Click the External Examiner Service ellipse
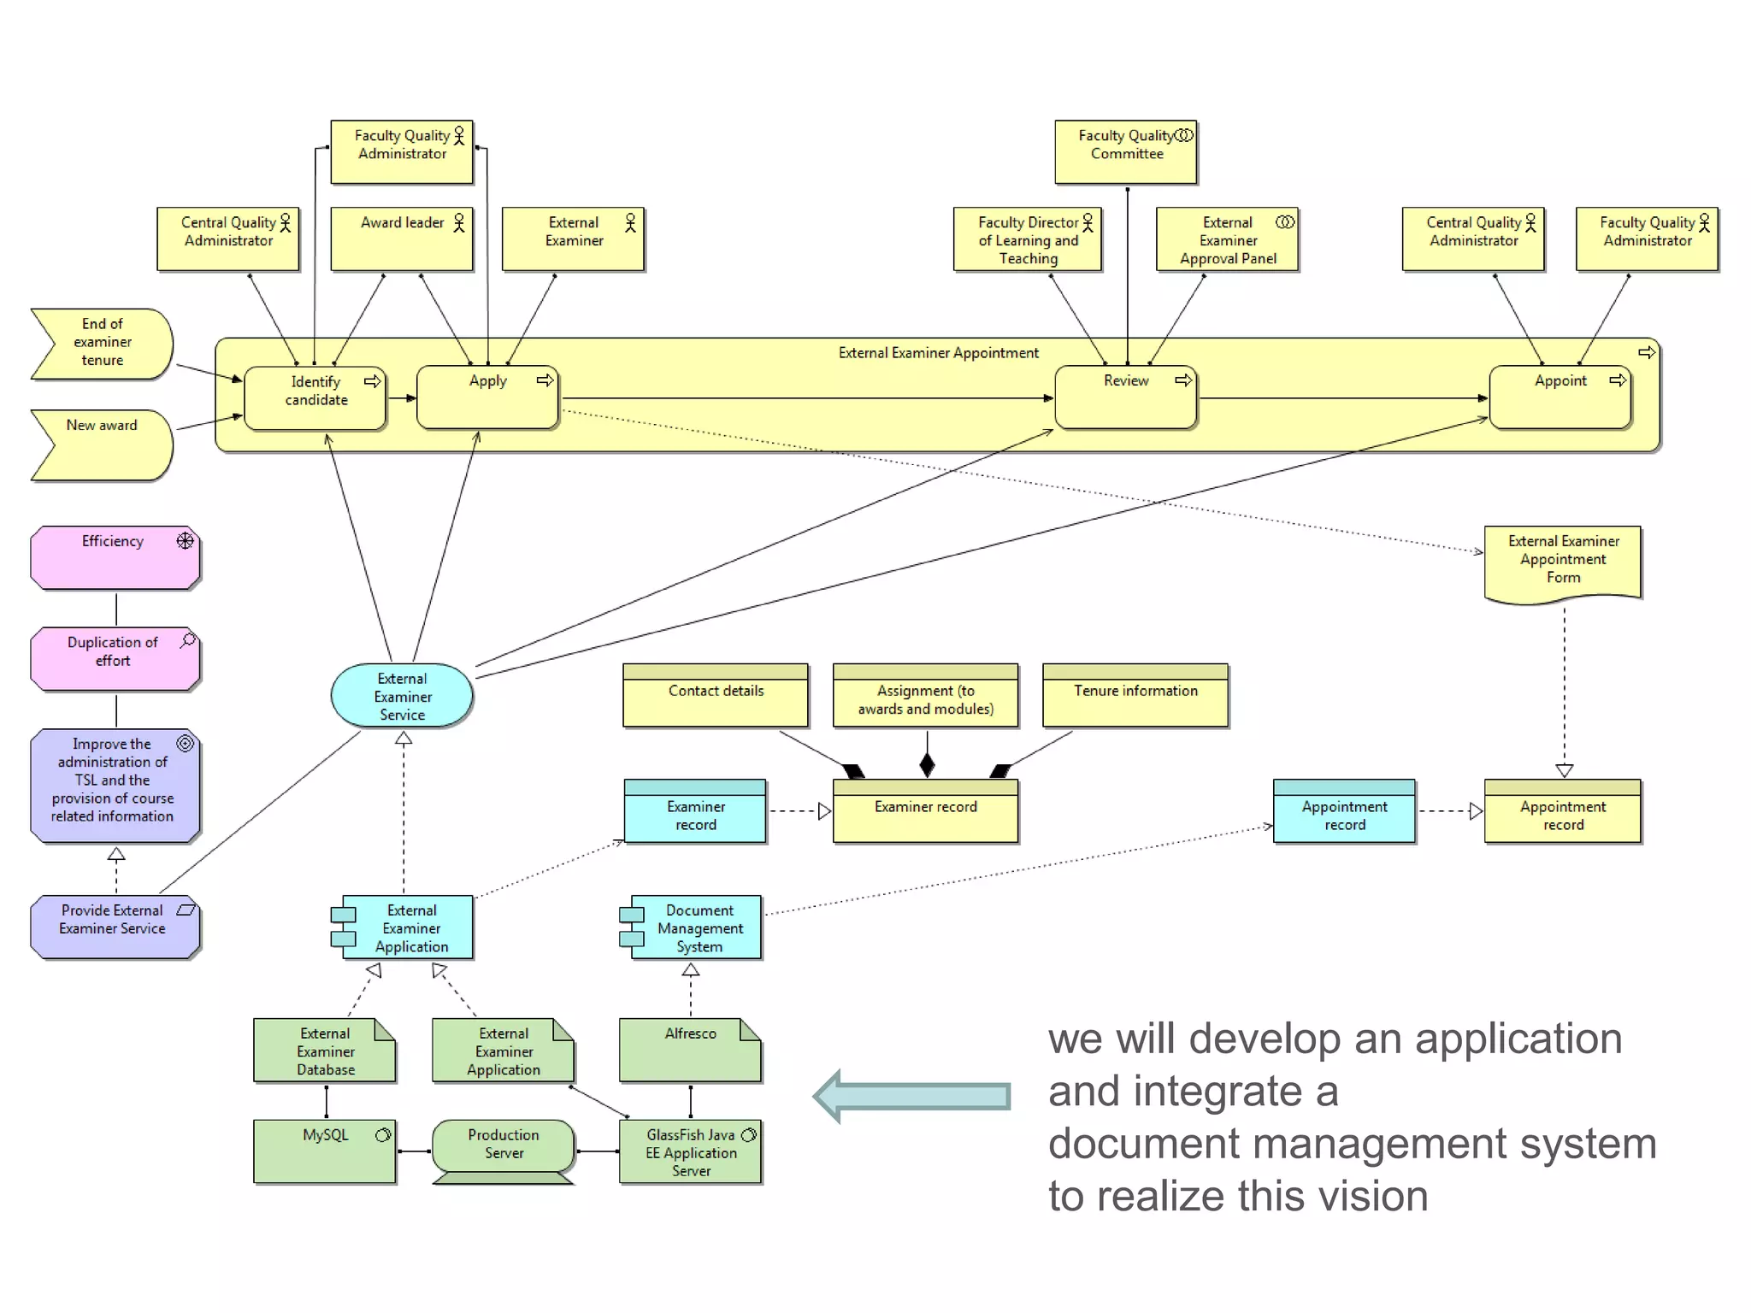click(x=402, y=697)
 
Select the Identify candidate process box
click(x=315, y=398)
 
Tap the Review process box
click(x=1125, y=397)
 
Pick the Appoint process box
click(x=1559, y=397)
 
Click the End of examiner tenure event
click(x=102, y=343)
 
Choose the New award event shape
click(x=102, y=445)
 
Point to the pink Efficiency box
click(x=115, y=557)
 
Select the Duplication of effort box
click(x=115, y=658)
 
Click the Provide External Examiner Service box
click(x=115, y=927)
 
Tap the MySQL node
click(x=325, y=1151)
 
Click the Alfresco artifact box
click(x=690, y=1050)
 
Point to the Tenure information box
click(x=1135, y=696)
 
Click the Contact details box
click(x=716, y=696)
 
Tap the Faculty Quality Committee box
click(x=1125, y=152)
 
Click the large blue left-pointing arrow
click(x=911, y=1096)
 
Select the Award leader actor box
click(x=402, y=239)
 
